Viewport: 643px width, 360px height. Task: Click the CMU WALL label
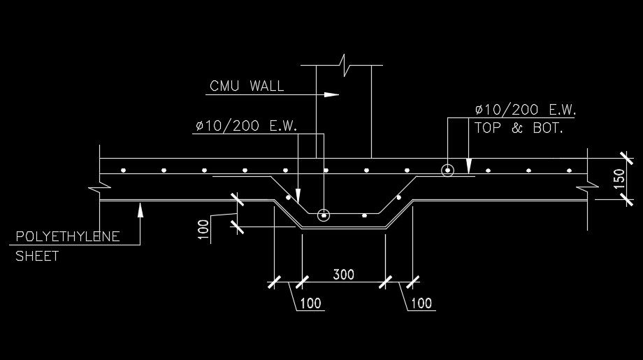247,87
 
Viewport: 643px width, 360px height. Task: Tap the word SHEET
37,257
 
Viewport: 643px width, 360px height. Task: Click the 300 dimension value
342,274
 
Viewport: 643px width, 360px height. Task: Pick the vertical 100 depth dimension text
203,230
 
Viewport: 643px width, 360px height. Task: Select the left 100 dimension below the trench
312,303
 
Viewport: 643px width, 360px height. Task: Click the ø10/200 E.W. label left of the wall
246,127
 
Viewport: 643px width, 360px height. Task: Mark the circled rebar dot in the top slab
447,170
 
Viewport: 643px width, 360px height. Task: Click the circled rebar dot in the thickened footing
323,215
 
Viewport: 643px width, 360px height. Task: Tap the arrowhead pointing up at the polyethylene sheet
140,208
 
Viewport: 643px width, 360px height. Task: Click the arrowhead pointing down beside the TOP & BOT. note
470,168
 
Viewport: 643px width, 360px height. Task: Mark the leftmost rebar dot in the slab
122,170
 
